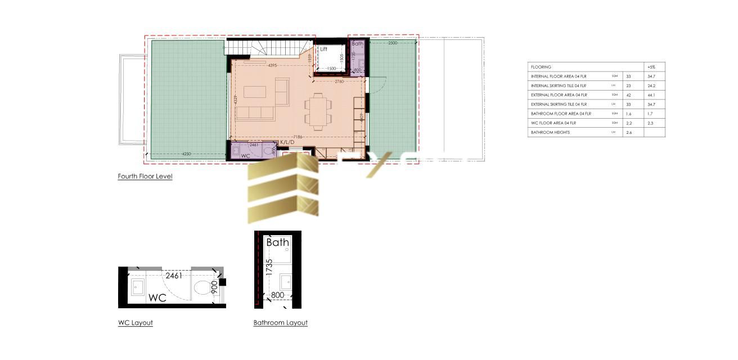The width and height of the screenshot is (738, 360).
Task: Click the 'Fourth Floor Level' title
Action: (145, 177)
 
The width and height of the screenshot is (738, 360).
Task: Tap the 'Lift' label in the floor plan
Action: (323, 49)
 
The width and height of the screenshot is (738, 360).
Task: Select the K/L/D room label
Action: (287, 142)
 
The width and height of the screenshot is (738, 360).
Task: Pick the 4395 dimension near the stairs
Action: (272, 66)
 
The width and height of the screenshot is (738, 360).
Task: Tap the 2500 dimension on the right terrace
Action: (392, 43)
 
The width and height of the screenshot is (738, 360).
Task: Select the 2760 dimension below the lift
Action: (339, 82)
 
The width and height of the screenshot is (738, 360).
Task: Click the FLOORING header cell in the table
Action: (541, 67)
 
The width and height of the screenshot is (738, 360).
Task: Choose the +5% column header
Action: (652, 67)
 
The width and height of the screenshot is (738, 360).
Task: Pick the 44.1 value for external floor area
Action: (651, 95)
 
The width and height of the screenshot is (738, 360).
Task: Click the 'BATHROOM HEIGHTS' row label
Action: (550, 133)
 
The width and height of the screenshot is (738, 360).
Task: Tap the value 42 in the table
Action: (629, 95)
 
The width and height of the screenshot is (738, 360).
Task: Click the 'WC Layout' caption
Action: (135, 323)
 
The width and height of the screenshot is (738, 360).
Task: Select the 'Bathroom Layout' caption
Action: (280, 323)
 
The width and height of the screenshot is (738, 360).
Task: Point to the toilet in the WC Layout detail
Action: (201, 289)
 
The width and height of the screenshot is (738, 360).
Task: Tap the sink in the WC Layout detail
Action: (137, 288)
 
